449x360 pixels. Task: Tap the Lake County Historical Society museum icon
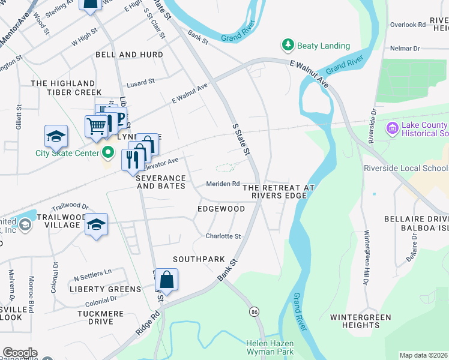click(x=393, y=128)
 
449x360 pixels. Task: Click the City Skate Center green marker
click(x=108, y=153)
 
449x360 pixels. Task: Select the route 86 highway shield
click(x=255, y=312)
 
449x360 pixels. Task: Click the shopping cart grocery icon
click(x=96, y=126)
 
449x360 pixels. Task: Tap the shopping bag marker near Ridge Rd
click(x=167, y=280)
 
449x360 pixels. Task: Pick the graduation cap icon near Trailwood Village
click(x=96, y=225)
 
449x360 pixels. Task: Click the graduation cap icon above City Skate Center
click(x=56, y=136)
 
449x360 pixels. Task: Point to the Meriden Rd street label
click(x=223, y=184)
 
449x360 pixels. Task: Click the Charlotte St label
click(x=223, y=236)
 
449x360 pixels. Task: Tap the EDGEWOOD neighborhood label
click(x=221, y=209)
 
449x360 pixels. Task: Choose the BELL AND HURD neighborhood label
click(x=129, y=55)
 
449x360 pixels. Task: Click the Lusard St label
click(x=140, y=80)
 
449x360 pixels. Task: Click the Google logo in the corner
click(x=20, y=353)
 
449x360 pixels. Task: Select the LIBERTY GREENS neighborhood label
click(x=105, y=289)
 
